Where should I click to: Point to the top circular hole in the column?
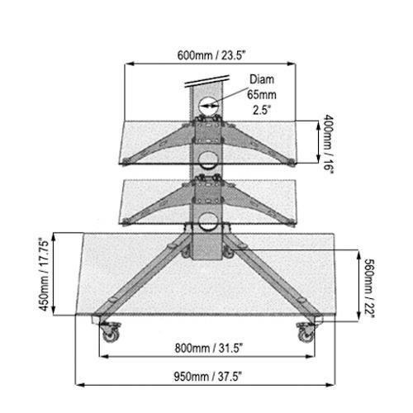coord(207,104)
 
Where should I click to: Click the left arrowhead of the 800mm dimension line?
coord(102,358)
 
